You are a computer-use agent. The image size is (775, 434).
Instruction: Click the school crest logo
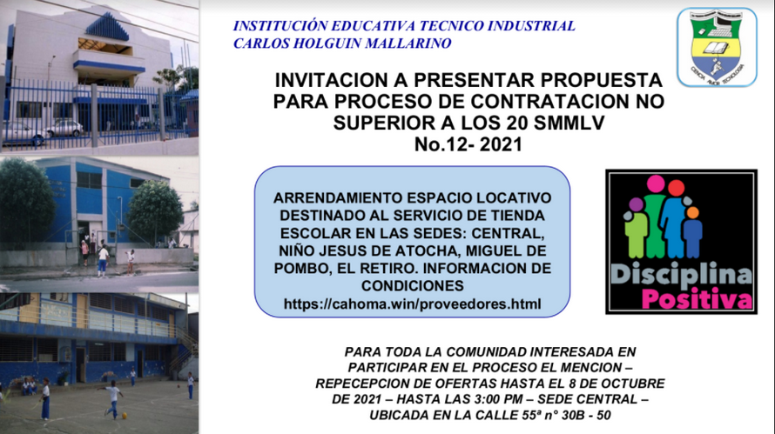coord(717,47)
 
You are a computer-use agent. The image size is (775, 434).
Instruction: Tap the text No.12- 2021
coord(468,144)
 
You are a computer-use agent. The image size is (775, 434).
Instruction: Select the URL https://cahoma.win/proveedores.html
coord(412,304)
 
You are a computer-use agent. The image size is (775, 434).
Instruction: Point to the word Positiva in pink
coord(697,299)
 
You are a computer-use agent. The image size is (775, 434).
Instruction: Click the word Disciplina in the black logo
coord(681,276)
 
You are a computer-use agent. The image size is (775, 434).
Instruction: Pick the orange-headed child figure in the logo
coord(692,232)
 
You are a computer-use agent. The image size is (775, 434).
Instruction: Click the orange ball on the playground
coord(124,416)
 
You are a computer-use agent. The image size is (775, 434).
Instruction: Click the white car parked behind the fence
coord(64,129)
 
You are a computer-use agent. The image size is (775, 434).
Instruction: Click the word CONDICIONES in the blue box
coord(412,286)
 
